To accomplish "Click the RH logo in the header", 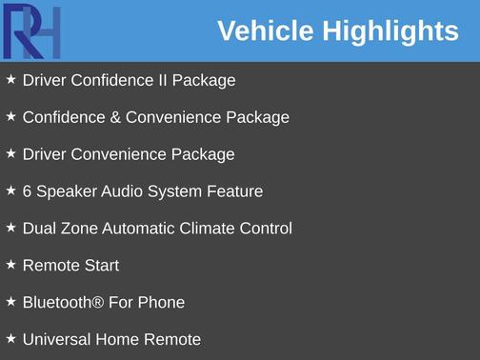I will (31, 31).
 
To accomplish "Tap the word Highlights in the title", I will (390, 30).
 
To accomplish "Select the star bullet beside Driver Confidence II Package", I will (10, 80).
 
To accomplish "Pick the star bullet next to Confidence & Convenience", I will (10, 117).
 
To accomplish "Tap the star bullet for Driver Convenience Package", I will (10, 153).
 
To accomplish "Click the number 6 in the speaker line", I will (28, 191).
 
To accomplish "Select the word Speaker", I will (67, 191).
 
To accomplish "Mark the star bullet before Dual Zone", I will (10, 228).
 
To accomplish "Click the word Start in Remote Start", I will (101, 266).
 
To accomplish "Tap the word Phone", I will (161, 303).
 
